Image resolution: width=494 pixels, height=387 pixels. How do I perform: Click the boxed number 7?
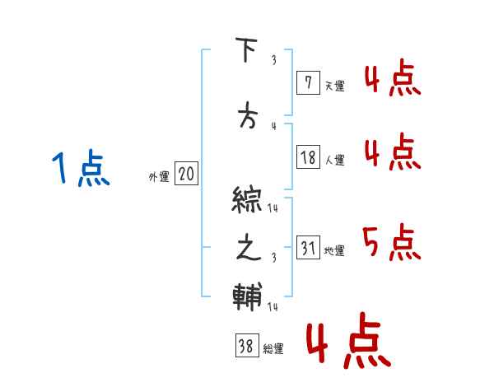tap(308, 82)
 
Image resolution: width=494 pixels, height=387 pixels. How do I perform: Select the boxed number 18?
tap(309, 156)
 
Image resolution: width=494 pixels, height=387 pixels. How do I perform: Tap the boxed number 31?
tap(309, 247)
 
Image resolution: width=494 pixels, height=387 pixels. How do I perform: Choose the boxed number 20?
tap(186, 174)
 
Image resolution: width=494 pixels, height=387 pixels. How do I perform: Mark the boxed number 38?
tap(246, 347)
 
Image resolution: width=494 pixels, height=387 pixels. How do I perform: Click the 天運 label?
tap(335, 86)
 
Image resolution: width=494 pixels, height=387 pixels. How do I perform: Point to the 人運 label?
tap(335, 161)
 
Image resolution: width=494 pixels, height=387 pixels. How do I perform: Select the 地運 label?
tap(335, 251)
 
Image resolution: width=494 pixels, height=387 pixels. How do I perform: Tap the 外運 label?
tap(159, 177)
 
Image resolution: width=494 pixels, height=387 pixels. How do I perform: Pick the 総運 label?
tap(273, 349)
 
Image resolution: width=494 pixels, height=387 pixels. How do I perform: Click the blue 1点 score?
tap(81, 170)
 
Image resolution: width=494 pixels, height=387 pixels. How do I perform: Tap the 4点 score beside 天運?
tap(392, 81)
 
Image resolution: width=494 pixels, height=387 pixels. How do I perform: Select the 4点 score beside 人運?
tap(392, 153)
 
